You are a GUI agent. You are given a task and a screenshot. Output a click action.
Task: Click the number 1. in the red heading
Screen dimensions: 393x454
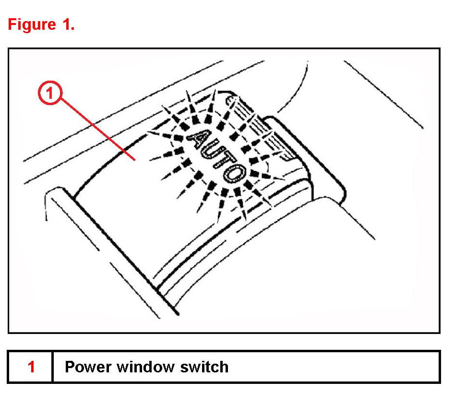coord(66,24)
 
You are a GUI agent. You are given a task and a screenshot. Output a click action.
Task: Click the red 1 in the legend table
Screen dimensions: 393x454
coord(31,367)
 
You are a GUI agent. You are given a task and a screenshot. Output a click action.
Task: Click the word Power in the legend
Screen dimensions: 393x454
coord(84,367)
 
